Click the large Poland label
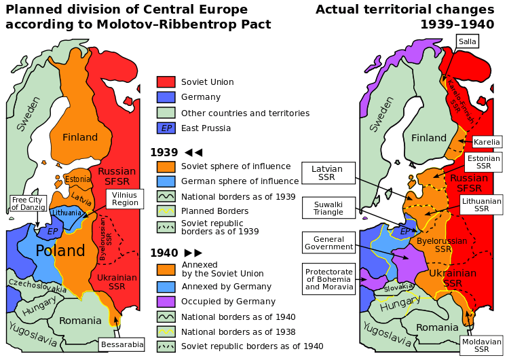[60, 251]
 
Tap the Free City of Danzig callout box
[28, 204]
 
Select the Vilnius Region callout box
[125, 198]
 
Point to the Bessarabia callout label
[121, 344]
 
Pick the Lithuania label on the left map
[66, 213]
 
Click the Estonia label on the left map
[77, 179]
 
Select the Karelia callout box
[487, 143]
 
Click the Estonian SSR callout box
[483, 162]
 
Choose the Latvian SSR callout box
[328, 173]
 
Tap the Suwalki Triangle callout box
[328, 208]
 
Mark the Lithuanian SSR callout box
[481, 204]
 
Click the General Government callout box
[328, 243]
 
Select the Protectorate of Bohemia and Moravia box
[328, 278]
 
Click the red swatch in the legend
[166, 82]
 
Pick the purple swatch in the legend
[166, 302]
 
